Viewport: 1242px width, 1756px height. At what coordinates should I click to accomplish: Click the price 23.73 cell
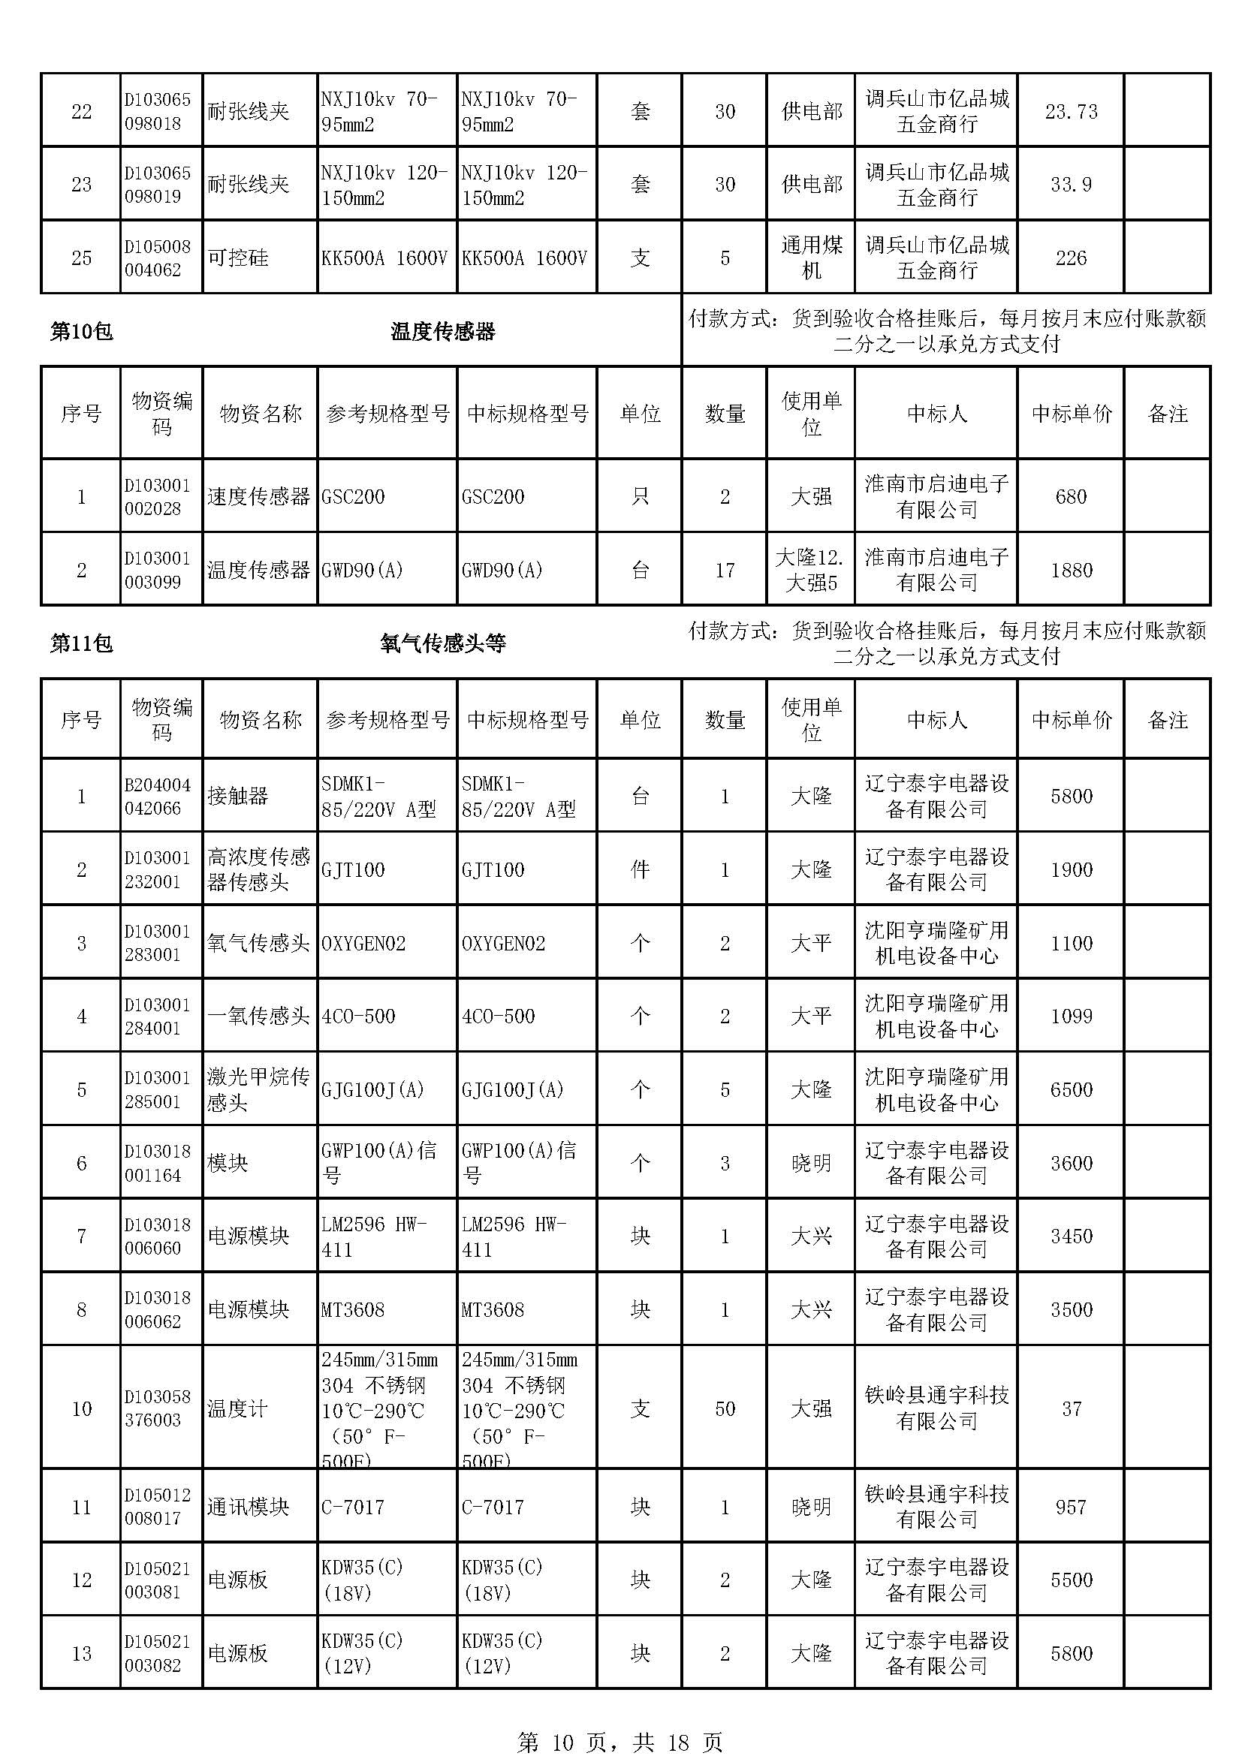tap(1071, 112)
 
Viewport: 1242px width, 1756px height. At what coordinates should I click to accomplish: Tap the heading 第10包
tap(81, 332)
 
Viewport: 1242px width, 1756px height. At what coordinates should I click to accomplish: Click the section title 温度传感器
tap(443, 332)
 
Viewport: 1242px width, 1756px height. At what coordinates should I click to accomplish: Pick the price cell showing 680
tap(1071, 497)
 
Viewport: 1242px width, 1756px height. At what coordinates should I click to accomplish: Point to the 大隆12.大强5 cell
tap(811, 571)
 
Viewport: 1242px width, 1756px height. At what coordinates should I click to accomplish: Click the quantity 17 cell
tap(724, 571)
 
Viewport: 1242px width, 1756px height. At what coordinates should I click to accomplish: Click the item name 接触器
tap(238, 796)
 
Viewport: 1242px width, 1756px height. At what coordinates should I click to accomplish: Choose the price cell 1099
tap(1071, 1017)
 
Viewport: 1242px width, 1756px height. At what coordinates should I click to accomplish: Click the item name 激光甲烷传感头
tap(258, 1090)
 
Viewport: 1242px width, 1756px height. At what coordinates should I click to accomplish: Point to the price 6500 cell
tap(1071, 1090)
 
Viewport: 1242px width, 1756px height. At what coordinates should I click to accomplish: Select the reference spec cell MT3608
tap(353, 1310)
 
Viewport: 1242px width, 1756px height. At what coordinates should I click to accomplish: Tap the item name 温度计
tap(238, 1408)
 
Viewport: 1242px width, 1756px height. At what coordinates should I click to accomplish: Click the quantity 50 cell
tap(724, 1408)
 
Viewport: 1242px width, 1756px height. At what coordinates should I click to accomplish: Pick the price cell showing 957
tap(1071, 1508)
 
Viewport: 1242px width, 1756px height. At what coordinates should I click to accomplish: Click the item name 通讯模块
tap(248, 1508)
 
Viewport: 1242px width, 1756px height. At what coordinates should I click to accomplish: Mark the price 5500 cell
tap(1071, 1580)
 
